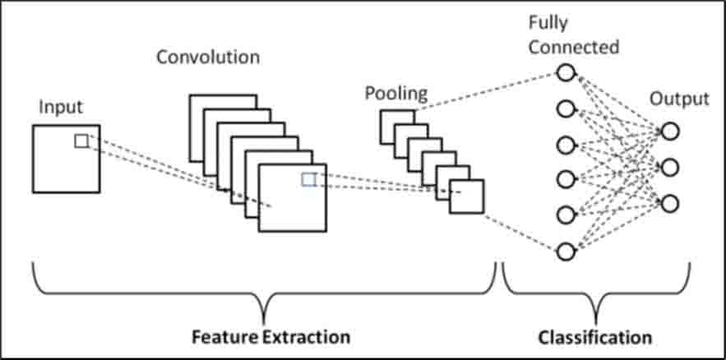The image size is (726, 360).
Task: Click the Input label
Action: (61, 108)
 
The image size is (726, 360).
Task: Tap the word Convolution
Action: (208, 58)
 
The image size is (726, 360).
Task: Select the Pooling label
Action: (396, 94)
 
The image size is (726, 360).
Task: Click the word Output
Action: (679, 99)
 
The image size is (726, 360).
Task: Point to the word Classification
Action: (595, 337)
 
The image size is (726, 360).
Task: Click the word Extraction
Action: (306, 336)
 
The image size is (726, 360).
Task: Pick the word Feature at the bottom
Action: (224, 336)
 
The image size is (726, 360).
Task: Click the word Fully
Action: (548, 24)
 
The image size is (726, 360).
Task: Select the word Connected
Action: (574, 47)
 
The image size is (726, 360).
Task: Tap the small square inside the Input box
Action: (81, 141)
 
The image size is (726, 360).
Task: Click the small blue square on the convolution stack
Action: (308, 179)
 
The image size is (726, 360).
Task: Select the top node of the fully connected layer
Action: (566, 72)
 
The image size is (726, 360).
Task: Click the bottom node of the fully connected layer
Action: (566, 252)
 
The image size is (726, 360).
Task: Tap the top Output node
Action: (670, 132)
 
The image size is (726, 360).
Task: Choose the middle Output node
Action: (670, 168)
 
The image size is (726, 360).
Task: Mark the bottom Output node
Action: (670, 204)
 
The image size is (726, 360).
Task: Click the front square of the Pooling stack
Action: (467, 196)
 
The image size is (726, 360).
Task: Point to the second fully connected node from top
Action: (566, 109)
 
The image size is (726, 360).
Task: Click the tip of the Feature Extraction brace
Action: (265, 324)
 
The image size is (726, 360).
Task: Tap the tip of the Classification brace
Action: (596, 324)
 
